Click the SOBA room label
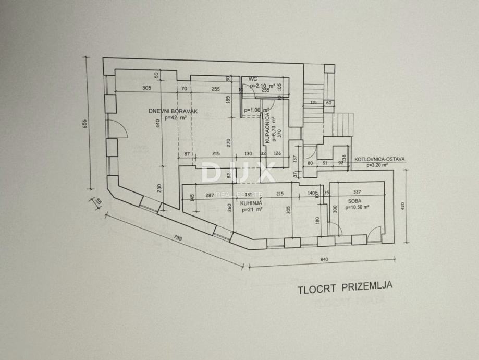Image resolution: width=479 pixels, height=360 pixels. point(357,200)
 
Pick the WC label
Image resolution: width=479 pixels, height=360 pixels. point(253,79)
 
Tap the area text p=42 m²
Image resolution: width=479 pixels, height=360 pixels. point(175,117)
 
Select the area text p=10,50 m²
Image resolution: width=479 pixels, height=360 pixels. point(357,207)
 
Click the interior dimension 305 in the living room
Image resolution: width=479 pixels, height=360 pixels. point(146,88)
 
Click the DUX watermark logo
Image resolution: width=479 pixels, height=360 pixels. point(239,173)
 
